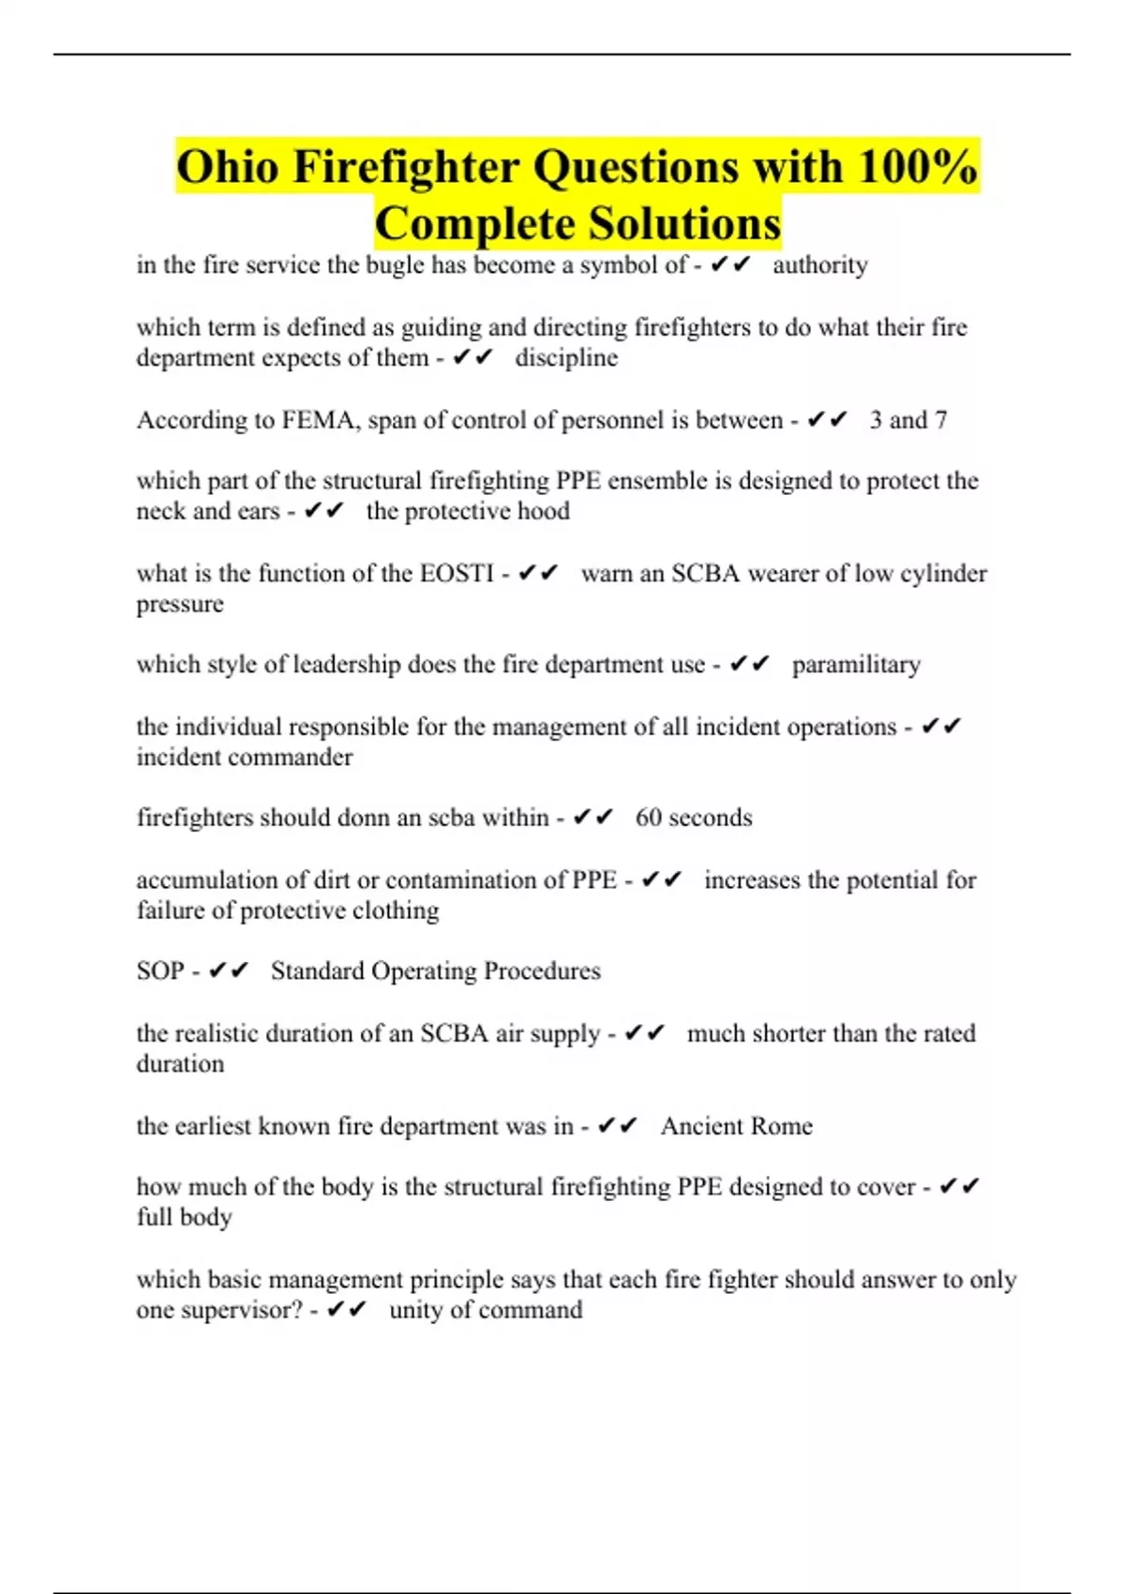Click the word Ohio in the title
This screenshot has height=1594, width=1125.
point(228,168)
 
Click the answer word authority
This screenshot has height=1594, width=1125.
point(820,265)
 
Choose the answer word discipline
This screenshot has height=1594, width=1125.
point(566,358)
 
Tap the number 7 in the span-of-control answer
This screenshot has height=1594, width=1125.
point(940,420)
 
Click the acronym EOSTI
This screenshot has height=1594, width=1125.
point(457,573)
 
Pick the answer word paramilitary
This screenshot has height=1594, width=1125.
point(856,665)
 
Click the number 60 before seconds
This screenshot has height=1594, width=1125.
point(649,818)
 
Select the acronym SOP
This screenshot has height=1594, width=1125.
point(160,970)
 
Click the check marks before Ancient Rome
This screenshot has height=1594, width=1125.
point(618,1125)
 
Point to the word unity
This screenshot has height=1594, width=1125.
point(416,1310)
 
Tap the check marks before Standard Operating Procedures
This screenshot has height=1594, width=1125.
point(229,970)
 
